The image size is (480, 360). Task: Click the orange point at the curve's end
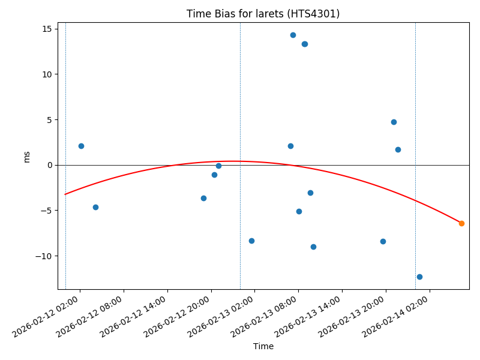(x=461, y=223)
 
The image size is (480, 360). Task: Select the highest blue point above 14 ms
(x=293, y=35)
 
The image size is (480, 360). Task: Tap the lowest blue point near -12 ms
(x=419, y=277)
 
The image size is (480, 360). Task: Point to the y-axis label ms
(x=26, y=157)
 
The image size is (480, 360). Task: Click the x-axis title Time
(x=263, y=346)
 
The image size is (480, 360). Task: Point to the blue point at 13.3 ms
(x=304, y=44)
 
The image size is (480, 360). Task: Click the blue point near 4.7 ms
(x=394, y=122)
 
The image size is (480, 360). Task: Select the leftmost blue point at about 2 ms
(x=81, y=146)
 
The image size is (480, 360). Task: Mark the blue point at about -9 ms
(x=313, y=247)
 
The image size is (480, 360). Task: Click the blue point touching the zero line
(x=218, y=166)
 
